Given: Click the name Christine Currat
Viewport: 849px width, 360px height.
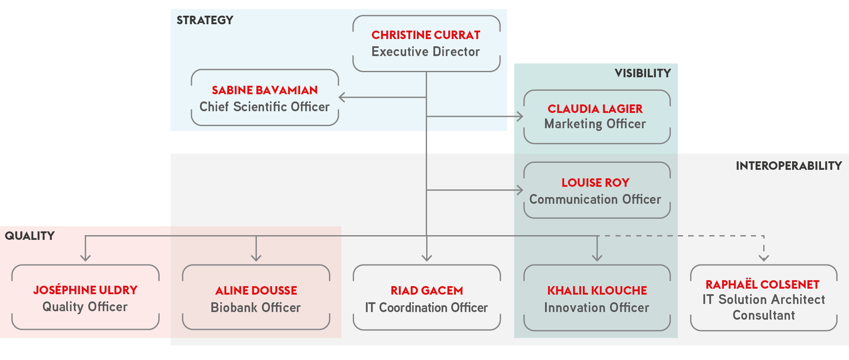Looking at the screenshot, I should [426, 35].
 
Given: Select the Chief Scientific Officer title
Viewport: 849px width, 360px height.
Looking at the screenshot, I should [264, 107].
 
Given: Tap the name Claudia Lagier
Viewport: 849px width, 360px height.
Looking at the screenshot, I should [595, 109].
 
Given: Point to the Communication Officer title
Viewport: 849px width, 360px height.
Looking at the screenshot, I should [595, 200].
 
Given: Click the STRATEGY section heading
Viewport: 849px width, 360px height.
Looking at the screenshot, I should [205, 20].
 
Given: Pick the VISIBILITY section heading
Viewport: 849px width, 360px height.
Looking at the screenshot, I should [643, 73].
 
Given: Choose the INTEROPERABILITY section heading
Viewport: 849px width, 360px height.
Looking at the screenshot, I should [789, 166].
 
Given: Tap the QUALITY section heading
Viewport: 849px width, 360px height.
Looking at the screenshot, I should [30, 236].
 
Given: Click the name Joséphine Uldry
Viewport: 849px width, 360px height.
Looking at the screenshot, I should [85, 290].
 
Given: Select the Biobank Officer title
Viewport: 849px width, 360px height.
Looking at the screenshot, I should [256, 308].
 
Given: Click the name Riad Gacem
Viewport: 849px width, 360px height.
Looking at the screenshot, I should [427, 291].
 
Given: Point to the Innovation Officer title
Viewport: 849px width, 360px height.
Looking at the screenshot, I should [596, 308].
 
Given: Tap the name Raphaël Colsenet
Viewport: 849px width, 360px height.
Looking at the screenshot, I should [762, 284].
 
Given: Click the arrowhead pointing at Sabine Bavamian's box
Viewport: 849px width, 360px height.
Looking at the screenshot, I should [342, 97].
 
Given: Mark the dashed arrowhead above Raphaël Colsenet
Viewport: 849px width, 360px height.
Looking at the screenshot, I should [764, 258].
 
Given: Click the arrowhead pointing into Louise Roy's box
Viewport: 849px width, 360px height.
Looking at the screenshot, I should [520, 190].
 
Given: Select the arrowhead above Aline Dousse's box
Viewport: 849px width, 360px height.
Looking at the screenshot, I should [256, 258].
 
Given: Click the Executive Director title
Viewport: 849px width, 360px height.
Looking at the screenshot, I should [426, 52].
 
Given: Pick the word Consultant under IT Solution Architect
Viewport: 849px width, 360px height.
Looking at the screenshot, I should [764, 315].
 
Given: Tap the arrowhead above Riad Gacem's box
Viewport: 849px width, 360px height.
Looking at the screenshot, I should [427, 258].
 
